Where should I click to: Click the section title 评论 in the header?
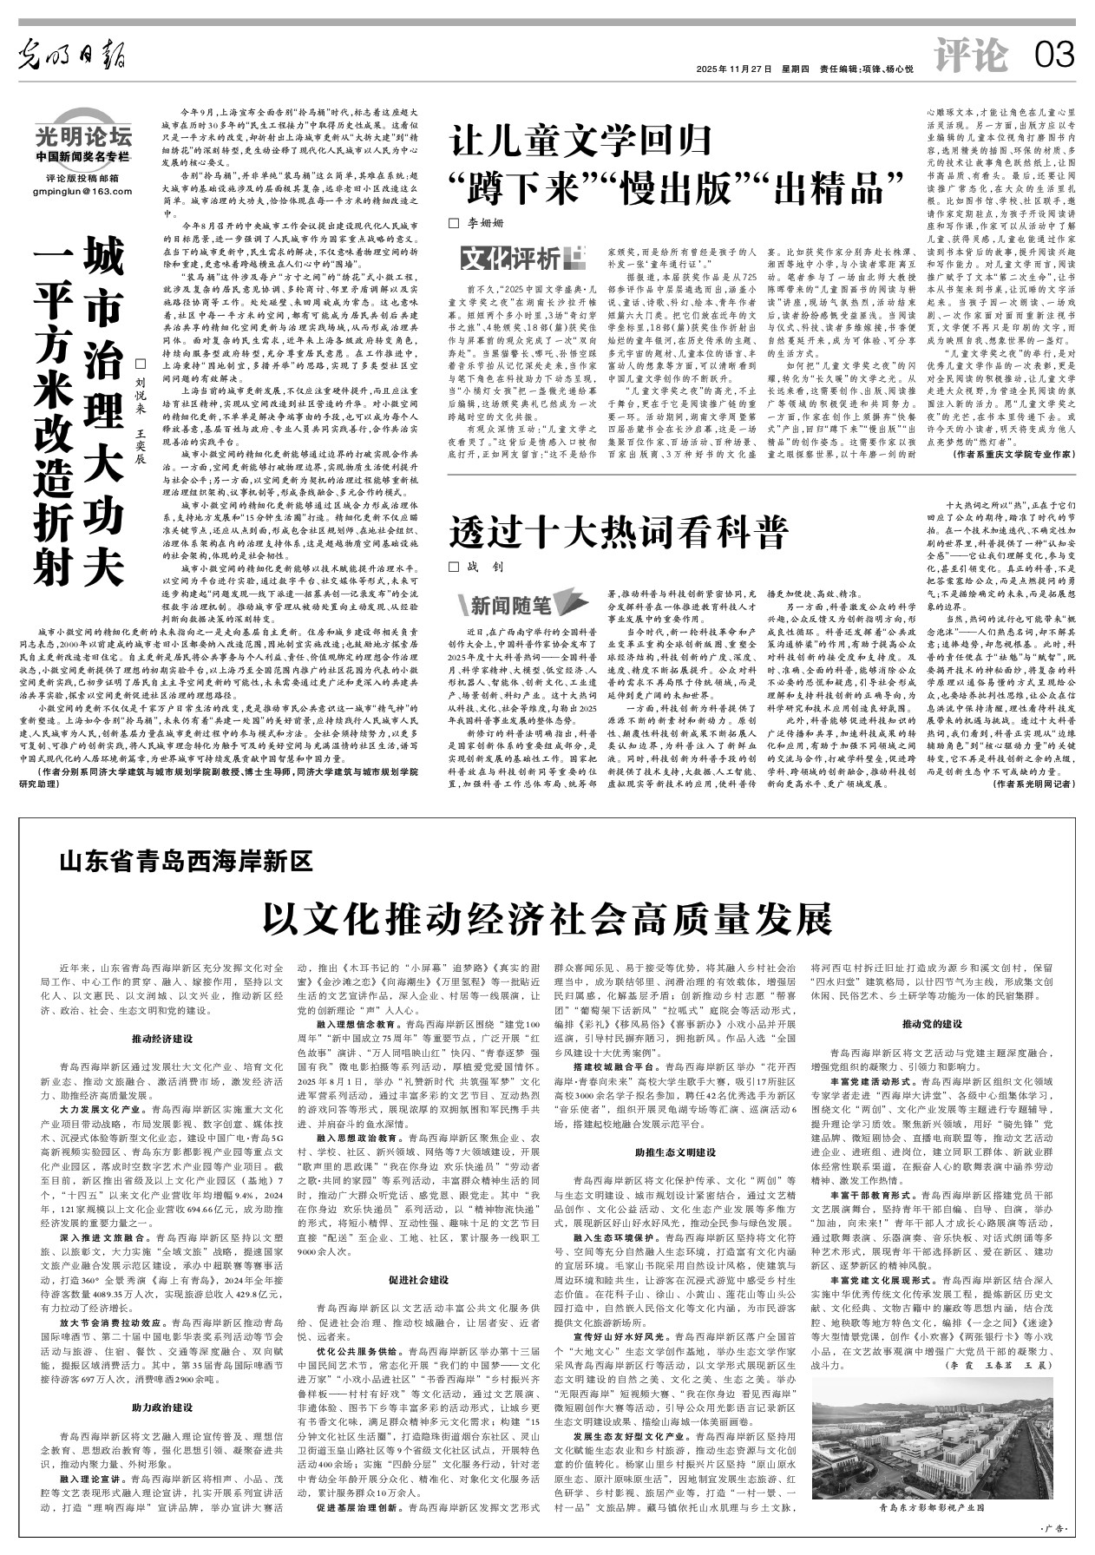coord(972,56)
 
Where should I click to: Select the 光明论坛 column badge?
coord(84,136)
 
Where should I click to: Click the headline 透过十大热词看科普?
coord(617,532)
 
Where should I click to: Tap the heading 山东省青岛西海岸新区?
coord(186,862)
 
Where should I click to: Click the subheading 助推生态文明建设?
coord(674,1152)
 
